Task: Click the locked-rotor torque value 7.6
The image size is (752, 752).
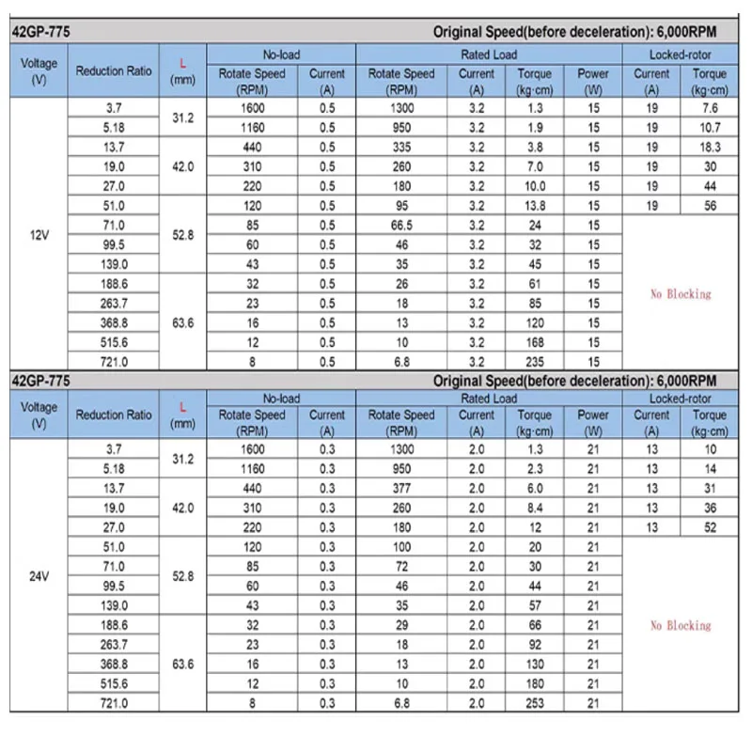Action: (x=710, y=108)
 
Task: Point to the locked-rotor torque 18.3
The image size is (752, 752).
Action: (x=710, y=148)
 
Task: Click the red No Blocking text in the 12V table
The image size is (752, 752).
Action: (x=681, y=294)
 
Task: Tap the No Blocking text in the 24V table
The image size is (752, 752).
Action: (x=681, y=625)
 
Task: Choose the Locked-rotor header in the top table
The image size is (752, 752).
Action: (x=680, y=55)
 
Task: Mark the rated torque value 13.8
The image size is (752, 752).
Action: (x=535, y=206)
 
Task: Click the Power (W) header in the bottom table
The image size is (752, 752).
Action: (x=593, y=422)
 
